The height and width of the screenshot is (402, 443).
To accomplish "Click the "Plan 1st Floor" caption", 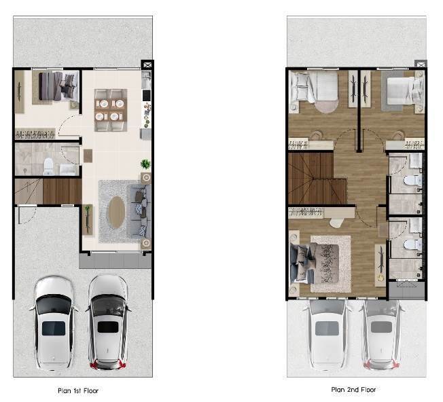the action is pos(78,390).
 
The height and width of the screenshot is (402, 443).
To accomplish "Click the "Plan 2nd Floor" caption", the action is pos(353,390).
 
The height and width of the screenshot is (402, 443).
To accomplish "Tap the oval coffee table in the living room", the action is pos(117,213).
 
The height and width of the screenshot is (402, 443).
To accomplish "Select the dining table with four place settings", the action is pos(111,110).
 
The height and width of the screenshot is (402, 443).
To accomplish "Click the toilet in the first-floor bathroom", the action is pos(48,166).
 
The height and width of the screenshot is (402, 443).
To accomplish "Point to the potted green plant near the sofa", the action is pos(145,164).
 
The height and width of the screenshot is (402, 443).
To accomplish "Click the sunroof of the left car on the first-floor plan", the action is pos(54,328).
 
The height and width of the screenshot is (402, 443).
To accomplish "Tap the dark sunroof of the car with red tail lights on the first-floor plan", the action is pos(108,327).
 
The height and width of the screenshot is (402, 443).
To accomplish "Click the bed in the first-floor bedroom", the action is pos(58,86).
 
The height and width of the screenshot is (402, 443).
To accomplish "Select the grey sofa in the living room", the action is pos(139,211).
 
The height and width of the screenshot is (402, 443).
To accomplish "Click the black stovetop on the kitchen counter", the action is pos(147,96).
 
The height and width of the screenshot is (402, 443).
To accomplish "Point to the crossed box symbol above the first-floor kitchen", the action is pos(147,65).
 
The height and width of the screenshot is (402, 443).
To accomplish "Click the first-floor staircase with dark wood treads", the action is pos(62,191).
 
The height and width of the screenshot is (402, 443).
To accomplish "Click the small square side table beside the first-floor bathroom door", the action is pos(88,156).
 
